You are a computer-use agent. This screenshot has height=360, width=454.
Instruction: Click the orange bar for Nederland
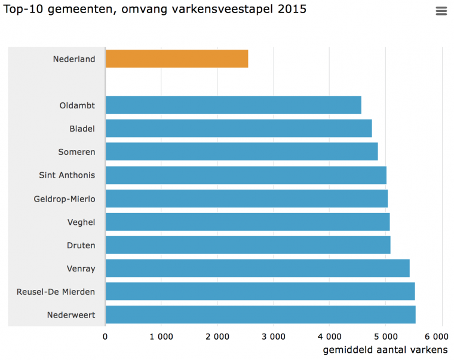tap(177, 59)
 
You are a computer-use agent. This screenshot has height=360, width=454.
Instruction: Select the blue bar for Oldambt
tap(234, 105)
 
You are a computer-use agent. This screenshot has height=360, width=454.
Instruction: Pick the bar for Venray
tap(257, 269)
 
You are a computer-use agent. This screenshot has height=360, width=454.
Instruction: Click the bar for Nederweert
tap(260, 315)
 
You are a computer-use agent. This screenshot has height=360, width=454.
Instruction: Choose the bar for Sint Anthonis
tap(246, 175)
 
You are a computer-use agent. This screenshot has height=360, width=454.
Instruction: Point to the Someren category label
tap(76, 152)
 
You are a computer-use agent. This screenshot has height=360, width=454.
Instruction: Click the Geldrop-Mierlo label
tap(65, 199)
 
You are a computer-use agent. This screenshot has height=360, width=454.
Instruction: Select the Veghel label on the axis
tap(81, 222)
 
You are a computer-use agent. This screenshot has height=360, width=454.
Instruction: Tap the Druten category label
tap(81, 246)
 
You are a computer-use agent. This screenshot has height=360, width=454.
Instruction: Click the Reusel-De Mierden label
tap(56, 292)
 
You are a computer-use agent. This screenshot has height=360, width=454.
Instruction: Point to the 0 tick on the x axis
tap(106, 337)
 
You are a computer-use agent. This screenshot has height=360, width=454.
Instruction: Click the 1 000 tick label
tap(161, 337)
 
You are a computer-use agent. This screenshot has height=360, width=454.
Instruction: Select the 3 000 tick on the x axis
tap(274, 337)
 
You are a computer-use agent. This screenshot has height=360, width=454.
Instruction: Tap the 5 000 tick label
tap(385, 337)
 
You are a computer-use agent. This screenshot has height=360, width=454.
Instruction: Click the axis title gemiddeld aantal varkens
tap(385, 349)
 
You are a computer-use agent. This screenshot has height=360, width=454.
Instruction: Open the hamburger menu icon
tap(441, 11)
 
